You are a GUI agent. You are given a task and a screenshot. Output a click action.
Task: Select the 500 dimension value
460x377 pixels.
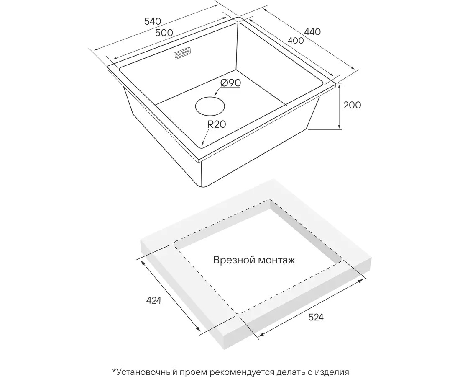click(x=164, y=33)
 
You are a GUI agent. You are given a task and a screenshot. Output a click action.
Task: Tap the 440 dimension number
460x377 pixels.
click(x=312, y=31)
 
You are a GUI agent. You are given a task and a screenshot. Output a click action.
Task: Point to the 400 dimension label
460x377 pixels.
click(x=295, y=41)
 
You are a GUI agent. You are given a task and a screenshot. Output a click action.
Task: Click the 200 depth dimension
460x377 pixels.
click(x=352, y=105)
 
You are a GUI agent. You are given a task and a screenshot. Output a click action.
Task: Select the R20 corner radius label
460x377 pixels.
click(x=217, y=124)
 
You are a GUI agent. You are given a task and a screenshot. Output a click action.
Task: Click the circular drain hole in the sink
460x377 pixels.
click(x=210, y=106)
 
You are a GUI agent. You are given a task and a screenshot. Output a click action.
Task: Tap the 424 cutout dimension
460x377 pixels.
click(x=153, y=300)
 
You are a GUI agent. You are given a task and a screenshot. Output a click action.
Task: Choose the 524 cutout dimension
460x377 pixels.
click(x=316, y=317)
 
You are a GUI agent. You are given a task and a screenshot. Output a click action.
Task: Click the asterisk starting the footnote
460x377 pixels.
click(x=113, y=371)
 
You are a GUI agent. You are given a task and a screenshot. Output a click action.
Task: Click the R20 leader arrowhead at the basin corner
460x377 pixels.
click(x=202, y=145)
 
